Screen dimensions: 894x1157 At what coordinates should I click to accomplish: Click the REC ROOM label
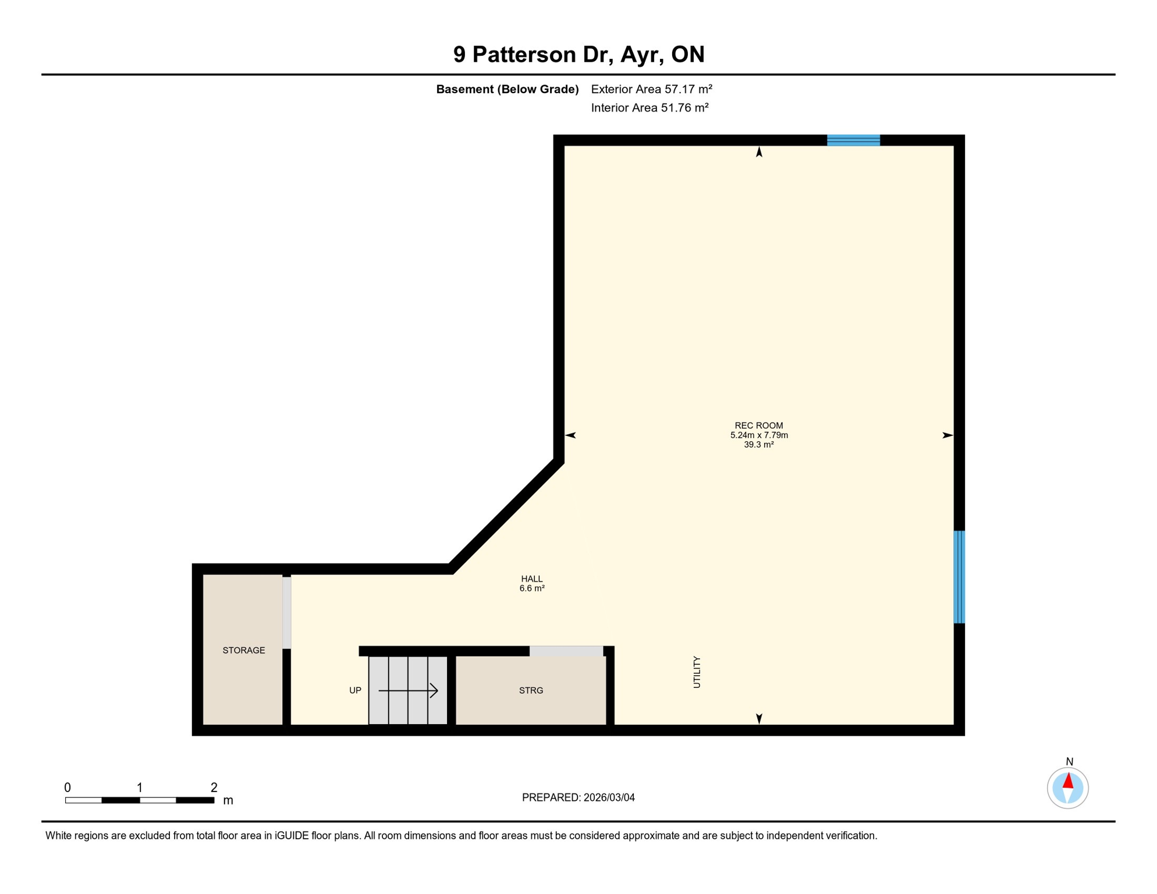(x=758, y=425)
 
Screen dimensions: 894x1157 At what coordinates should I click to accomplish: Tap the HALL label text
(x=531, y=579)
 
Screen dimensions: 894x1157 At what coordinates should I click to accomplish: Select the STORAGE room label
(x=243, y=650)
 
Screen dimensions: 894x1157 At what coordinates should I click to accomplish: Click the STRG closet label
(x=531, y=690)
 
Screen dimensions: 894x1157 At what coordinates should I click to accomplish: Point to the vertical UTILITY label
(x=697, y=672)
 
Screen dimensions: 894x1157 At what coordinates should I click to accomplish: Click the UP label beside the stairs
(x=355, y=690)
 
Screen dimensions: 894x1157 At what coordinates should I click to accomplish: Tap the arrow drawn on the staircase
(x=408, y=690)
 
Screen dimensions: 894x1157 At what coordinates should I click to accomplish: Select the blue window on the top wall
(x=853, y=140)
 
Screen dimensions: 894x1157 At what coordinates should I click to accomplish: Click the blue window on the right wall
(x=959, y=577)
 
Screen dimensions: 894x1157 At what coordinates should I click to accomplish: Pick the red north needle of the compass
(x=1068, y=781)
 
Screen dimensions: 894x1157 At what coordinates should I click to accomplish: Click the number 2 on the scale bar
(x=214, y=787)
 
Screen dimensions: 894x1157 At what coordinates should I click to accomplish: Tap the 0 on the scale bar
(x=68, y=787)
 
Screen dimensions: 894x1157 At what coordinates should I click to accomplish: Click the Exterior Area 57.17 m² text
(x=651, y=89)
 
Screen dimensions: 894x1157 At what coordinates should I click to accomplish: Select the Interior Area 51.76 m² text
(x=650, y=108)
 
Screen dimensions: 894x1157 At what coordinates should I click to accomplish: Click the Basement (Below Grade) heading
(x=507, y=89)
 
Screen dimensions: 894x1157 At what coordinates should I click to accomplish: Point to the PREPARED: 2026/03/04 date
(x=578, y=797)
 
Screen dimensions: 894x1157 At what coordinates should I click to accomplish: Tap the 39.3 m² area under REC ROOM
(x=758, y=445)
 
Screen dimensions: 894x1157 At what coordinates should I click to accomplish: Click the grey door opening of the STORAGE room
(x=287, y=612)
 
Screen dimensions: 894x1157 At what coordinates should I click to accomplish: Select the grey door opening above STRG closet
(x=566, y=651)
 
